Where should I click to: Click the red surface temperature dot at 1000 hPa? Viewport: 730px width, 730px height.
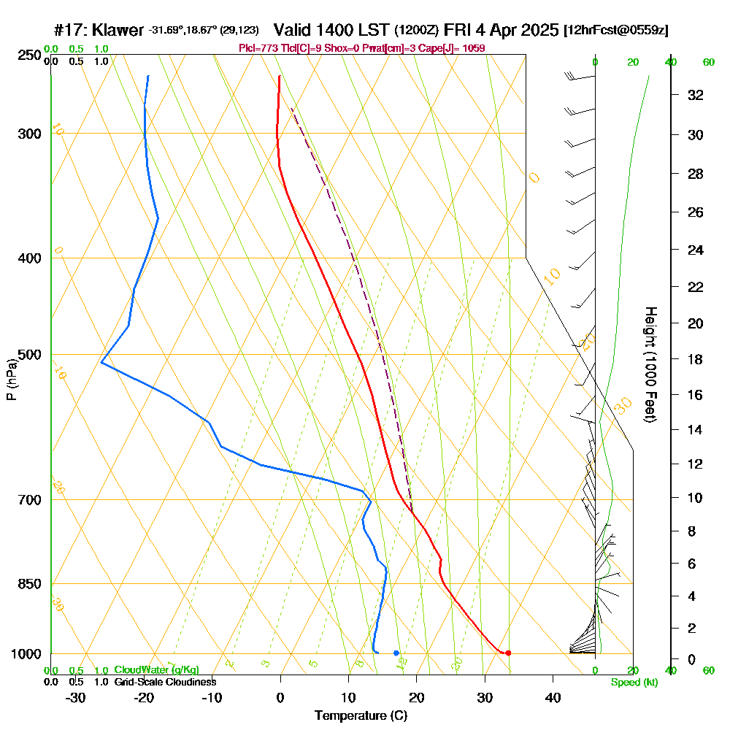(x=508, y=653)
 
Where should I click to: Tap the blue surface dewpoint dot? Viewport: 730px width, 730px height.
(x=396, y=653)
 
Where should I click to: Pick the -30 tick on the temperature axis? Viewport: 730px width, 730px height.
(x=75, y=697)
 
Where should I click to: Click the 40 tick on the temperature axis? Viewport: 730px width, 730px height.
(x=553, y=697)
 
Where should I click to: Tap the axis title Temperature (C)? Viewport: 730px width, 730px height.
(x=360, y=715)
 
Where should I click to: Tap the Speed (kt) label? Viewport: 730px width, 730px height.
(x=634, y=683)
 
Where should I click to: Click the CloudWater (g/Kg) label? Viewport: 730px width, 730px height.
(x=156, y=670)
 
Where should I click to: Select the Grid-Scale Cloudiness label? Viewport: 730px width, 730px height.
(x=164, y=682)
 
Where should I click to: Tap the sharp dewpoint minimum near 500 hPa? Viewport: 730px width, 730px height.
(x=101, y=363)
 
